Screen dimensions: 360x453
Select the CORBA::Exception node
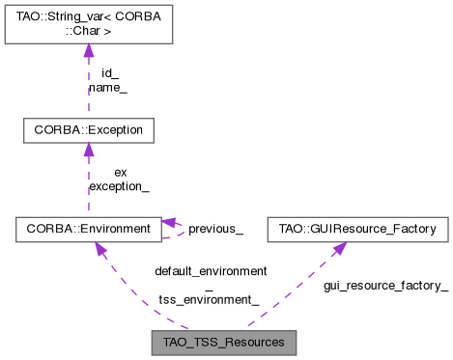click(x=88, y=128)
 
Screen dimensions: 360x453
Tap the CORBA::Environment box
click(x=88, y=230)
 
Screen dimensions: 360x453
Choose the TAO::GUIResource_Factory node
click(x=358, y=230)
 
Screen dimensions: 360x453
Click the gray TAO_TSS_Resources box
click(x=223, y=343)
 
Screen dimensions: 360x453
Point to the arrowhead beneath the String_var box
click(x=88, y=52)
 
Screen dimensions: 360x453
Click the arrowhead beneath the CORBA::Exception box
click(x=88, y=152)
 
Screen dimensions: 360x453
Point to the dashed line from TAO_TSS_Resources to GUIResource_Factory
click(x=290, y=294)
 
